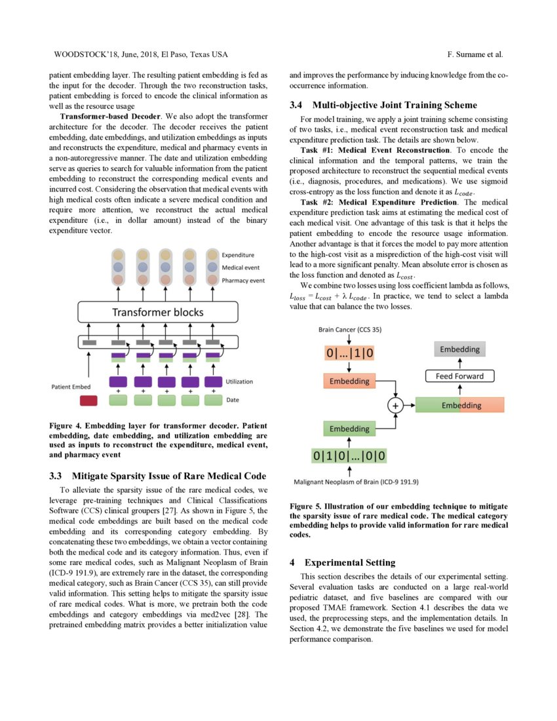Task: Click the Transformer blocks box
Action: [158, 312]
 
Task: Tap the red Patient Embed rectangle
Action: [88, 400]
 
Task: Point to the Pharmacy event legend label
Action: [243, 280]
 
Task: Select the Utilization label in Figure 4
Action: [239, 381]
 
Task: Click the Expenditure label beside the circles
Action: [239, 254]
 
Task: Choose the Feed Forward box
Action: [460, 376]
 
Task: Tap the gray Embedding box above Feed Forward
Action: [459, 350]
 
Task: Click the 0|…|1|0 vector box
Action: [349, 354]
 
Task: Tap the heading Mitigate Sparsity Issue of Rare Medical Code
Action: [169, 476]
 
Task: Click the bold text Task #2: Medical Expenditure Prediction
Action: [380, 202]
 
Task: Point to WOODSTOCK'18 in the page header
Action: [79, 54]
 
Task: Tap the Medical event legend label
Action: [241, 267]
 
